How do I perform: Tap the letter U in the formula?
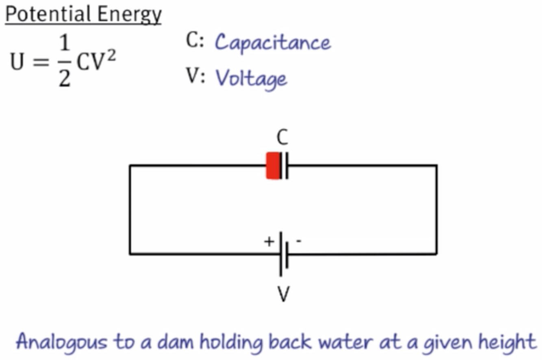click(17, 63)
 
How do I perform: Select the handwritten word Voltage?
click(251, 78)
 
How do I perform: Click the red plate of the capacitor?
click(273, 165)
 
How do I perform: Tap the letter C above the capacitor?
click(282, 138)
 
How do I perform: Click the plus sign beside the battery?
click(269, 241)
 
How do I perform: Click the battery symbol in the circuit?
click(284, 254)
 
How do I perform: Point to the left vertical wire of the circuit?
click(130, 210)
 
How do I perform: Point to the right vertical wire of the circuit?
click(437, 210)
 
